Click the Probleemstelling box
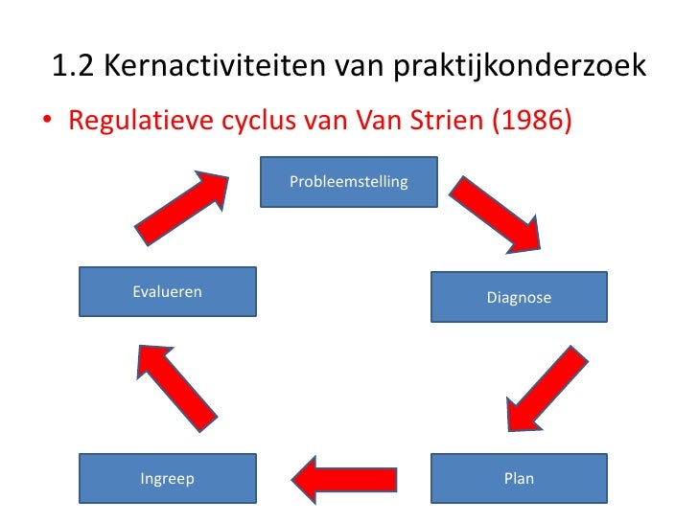pyautogui.click(x=349, y=182)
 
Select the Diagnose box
pyautogui.click(x=519, y=298)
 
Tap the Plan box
pyautogui.click(x=519, y=479)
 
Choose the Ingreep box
pyautogui.click(x=167, y=479)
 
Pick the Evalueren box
pyautogui.click(x=167, y=291)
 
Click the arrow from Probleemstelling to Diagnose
pyautogui.click(x=496, y=216)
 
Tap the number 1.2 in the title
pyautogui.click(x=71, y=68)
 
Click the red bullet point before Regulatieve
pyautogui.click(x=46, y=124)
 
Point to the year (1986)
pyautogui.click(x=531, y=123)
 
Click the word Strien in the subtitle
pyautogui.click(x=448, y=123)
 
